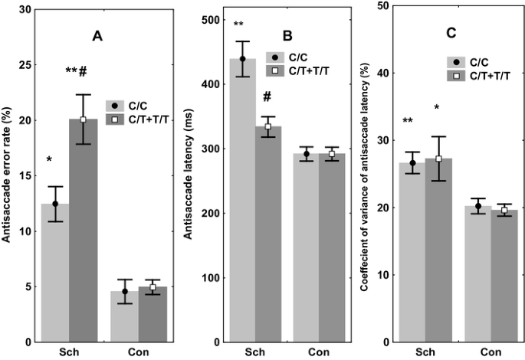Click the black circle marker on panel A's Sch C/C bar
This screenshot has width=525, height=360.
click(x=54, y=204)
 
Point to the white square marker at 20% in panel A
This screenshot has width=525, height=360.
click(x=83, y=119)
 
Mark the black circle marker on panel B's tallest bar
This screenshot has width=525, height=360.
click(x=243, y=59)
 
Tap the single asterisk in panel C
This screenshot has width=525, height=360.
click(x=436, y=107)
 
